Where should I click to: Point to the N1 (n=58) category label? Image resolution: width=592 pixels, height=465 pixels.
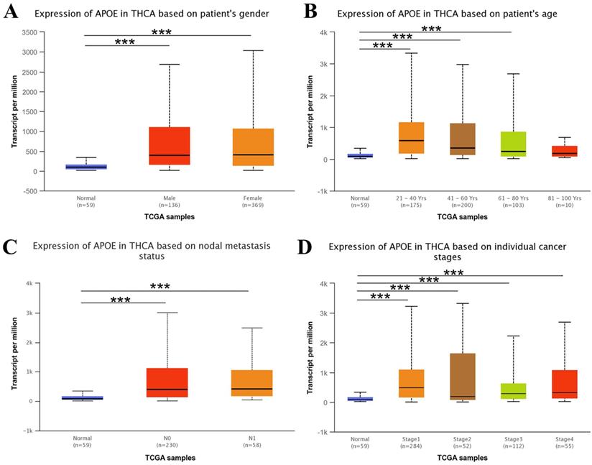point(251,441)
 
